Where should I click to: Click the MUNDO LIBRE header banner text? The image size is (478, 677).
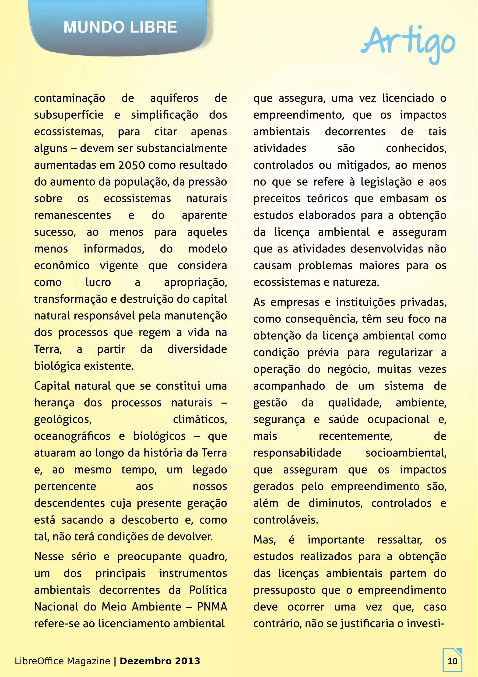(120, 27)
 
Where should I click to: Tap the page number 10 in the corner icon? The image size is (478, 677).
(452, 661)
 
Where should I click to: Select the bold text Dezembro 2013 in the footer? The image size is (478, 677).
(160, 661)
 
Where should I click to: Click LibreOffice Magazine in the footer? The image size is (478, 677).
(63, 661)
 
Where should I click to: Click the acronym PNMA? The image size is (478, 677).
(212, 607)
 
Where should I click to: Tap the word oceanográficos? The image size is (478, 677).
(72, 436)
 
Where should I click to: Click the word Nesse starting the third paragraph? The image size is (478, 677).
(49, 557)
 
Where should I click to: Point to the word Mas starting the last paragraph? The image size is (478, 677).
(264, 540)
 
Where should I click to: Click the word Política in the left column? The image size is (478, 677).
(208, 590)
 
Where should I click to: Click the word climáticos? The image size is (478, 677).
(200, 419)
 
